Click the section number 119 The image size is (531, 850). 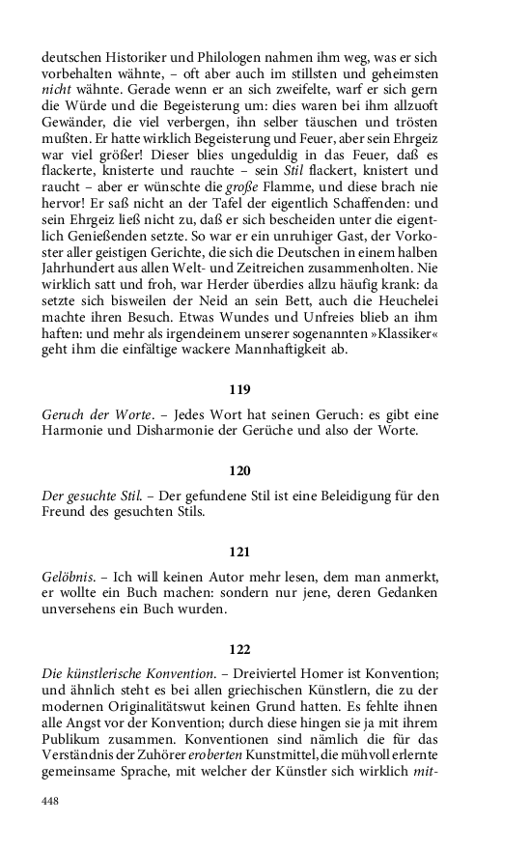click(x=240, y=390)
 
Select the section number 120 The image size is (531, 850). click(x=240, y=471)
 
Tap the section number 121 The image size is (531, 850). click(x=240, y=552)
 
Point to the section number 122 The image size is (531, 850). click(x=240, y=649)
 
